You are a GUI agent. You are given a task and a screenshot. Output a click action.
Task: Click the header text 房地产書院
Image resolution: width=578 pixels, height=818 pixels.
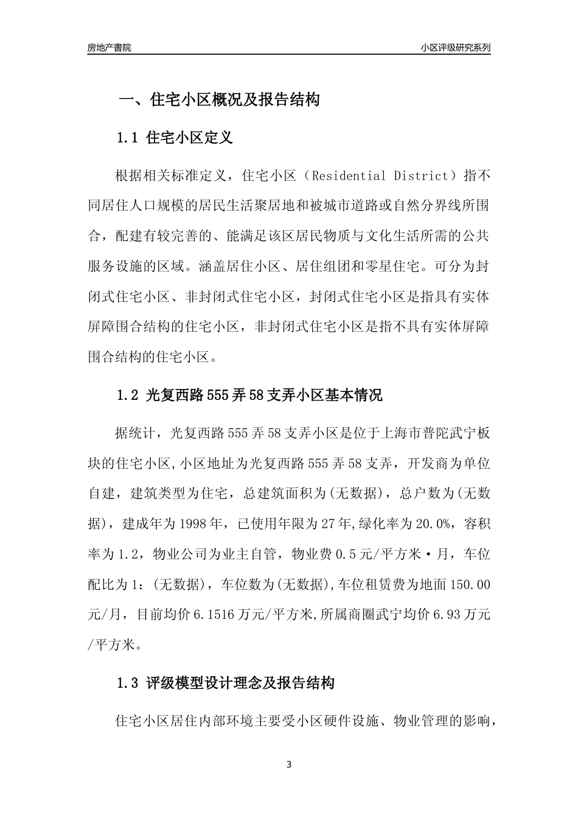click(109, 47)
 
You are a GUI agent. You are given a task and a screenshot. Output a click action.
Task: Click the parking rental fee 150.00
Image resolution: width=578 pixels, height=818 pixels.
click(468, 584)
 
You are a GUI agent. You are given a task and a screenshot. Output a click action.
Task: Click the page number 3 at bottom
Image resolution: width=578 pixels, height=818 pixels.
click(289, 764)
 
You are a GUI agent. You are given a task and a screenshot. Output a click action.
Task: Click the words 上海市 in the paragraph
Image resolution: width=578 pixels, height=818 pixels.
click(399, 433)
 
